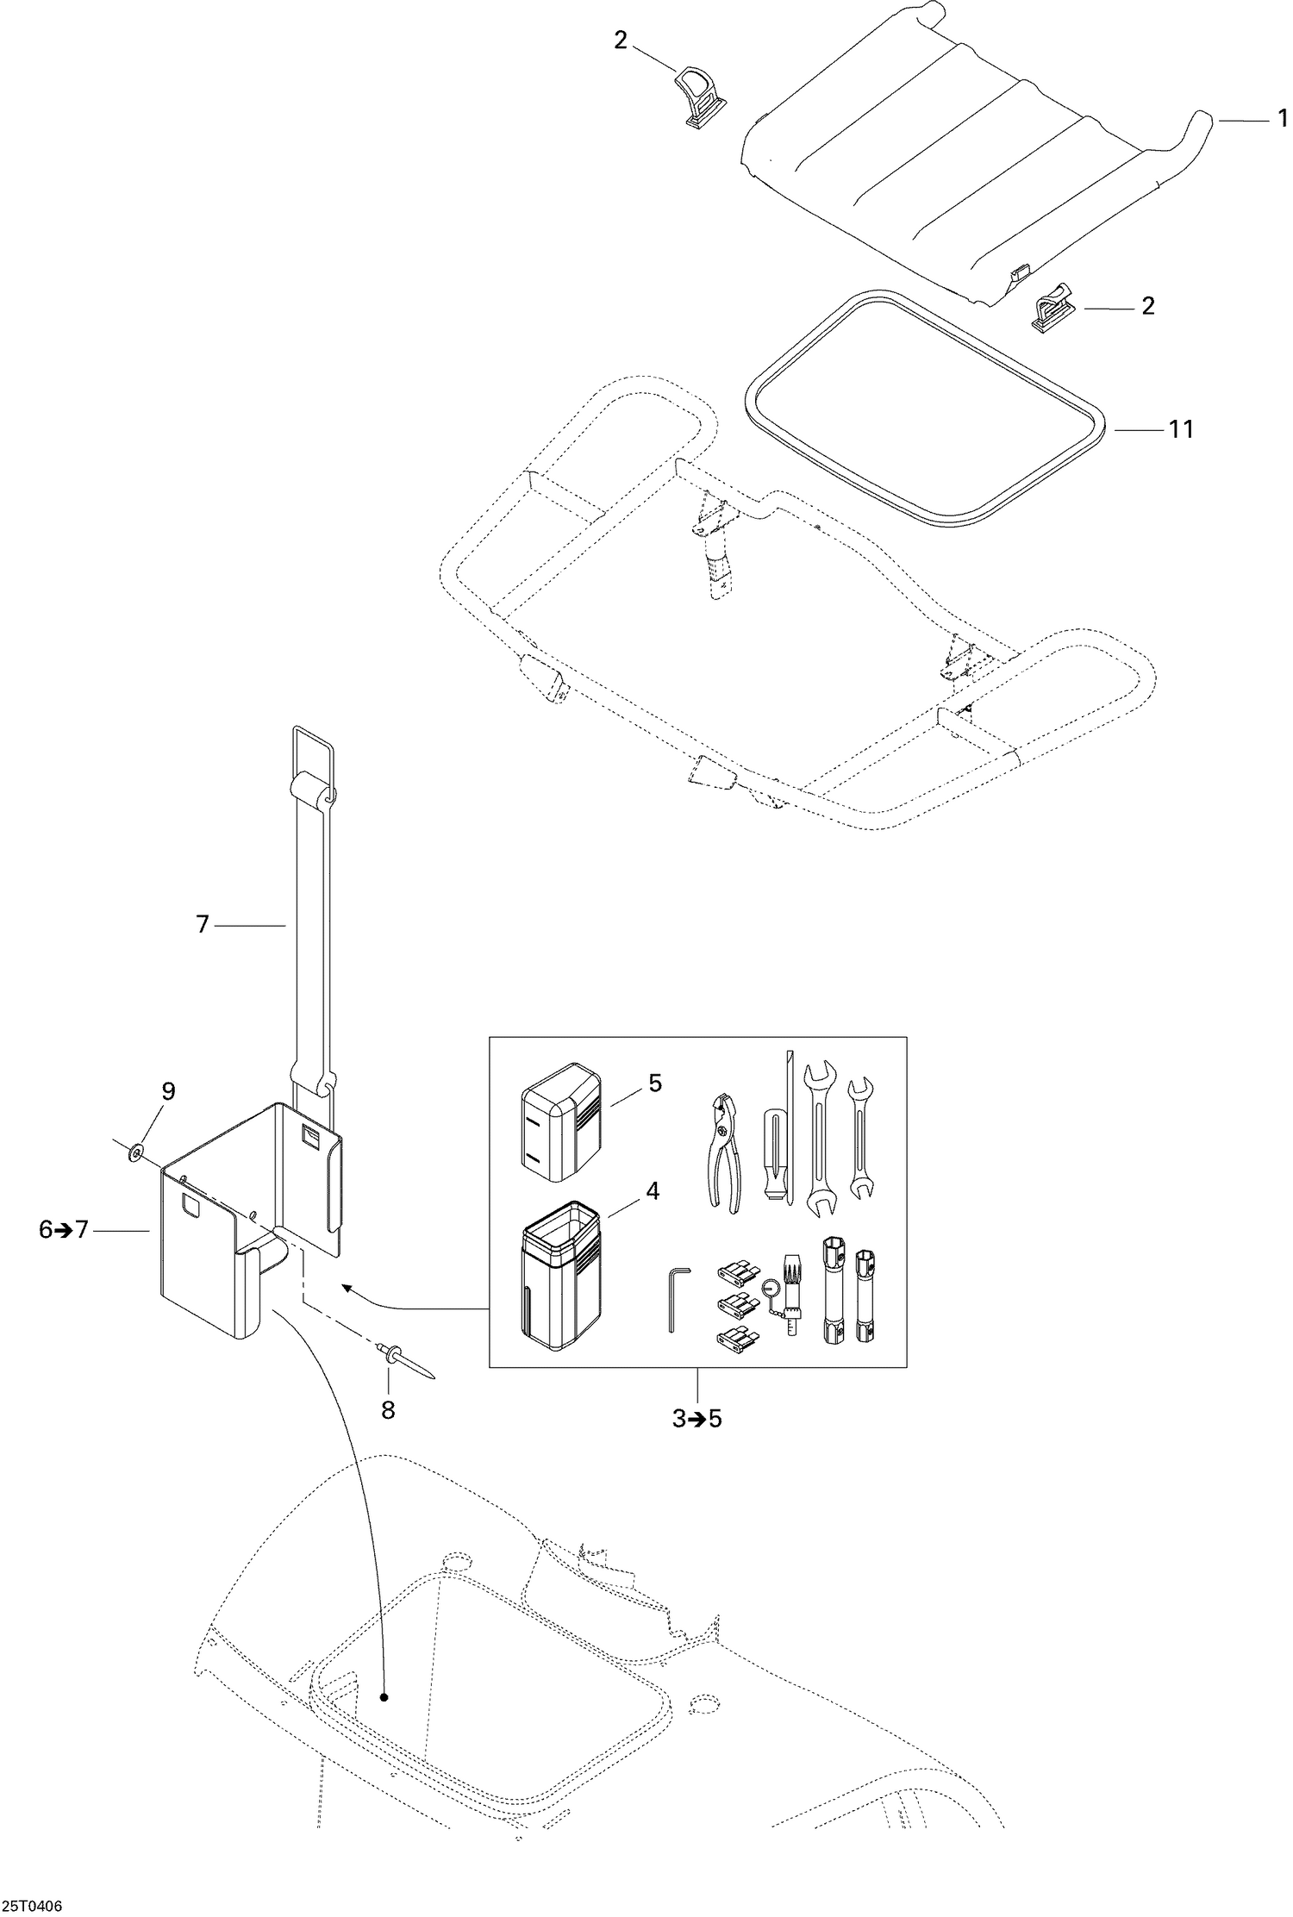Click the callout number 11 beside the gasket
(x=1180, y=428)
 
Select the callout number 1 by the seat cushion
(x=1284, y=122)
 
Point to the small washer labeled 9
(x=137, y=1152)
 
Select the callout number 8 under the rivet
(x=388, y=1411)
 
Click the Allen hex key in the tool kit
(x=675, y=1298)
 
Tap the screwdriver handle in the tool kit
(x=775, y=1159)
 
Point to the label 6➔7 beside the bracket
(x=64, y=1230)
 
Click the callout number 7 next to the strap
(x=203, y=925)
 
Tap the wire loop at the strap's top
(x=314, y=748)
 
